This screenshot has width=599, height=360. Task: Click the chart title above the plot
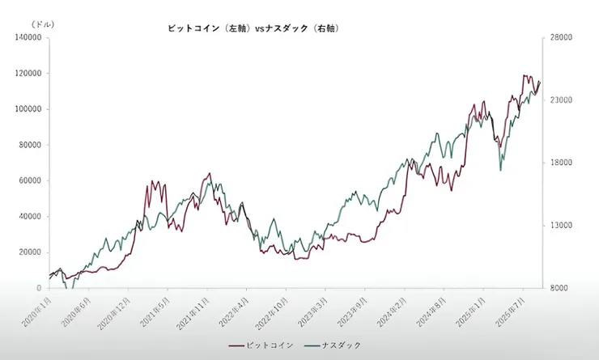[252, 28]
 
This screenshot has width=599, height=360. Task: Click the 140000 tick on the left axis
[28, 38]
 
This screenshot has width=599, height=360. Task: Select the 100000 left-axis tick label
[28, 109]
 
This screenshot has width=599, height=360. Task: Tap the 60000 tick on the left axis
[30, 181]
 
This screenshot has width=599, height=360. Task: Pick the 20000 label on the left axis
[30, 252]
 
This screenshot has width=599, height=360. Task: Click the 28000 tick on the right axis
[562, 38]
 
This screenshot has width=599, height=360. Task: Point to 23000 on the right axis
[562, 100]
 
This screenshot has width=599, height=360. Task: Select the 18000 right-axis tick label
[562, 163]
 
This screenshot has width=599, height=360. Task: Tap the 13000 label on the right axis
[562, 226]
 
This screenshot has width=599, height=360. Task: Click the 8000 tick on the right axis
[559, 288]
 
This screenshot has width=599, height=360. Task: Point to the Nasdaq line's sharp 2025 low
[500, 170]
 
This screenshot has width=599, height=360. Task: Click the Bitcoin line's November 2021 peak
[210, 173]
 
